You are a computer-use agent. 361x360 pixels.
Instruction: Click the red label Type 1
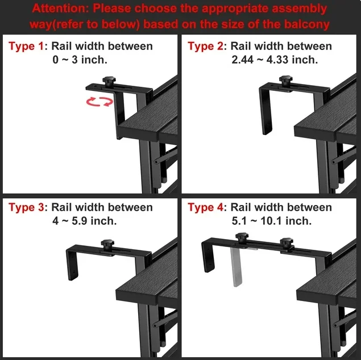tap(26, 46)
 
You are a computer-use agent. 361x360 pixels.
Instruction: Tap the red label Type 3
tap(26, 207)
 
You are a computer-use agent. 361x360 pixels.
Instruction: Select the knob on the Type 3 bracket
tap(107, 244)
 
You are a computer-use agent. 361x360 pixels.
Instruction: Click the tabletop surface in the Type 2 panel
tap(327, 119)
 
